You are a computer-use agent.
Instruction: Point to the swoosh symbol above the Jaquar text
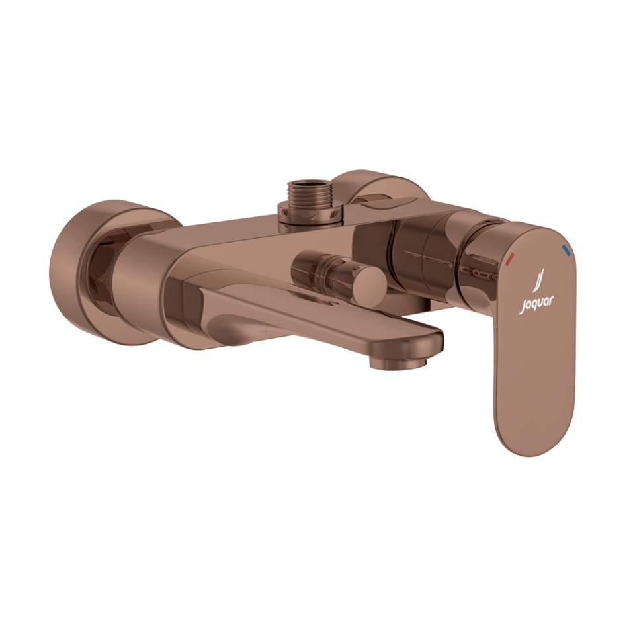tap(537, 282)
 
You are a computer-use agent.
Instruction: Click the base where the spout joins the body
tap(198, 304)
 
